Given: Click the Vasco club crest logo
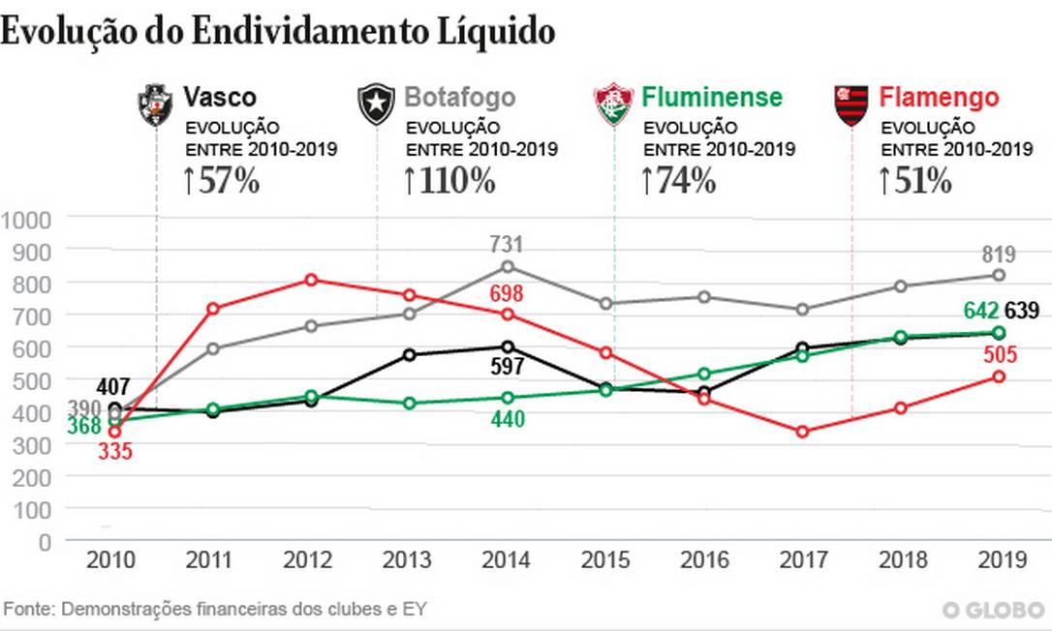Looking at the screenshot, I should [155, 104].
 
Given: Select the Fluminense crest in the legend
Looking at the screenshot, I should [613, 105].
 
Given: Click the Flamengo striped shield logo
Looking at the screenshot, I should [851, 105].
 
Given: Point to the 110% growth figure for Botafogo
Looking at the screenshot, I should [451, 180].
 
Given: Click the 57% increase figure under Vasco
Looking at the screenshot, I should [222, 180].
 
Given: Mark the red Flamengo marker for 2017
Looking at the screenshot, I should [802, 432].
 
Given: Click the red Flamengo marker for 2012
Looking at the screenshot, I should [311, 280].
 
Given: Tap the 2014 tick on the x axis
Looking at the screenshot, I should [506, 560].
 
